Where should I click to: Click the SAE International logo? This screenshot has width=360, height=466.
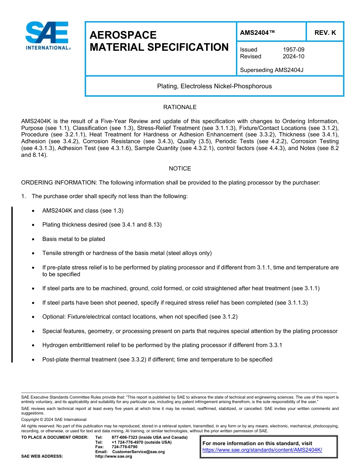coord(47,36)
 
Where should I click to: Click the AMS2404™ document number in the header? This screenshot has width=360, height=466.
coord(257,33)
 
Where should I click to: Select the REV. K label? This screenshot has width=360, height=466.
coord(325,33)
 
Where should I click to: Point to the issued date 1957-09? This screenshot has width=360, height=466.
coord(293,50)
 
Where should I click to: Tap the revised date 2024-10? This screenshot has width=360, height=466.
coord(293,56)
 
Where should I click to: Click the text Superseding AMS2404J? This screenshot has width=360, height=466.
coord(272,70)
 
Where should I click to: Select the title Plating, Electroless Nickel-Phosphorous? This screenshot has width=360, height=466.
coord(214,86)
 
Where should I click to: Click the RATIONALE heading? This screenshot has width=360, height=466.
coord(180,107)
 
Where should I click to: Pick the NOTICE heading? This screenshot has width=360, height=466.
coord(180,169)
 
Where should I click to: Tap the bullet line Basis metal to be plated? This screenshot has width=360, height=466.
coord(74,239)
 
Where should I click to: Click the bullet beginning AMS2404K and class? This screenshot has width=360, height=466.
coord(83,211)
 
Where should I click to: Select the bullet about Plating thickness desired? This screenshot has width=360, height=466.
coord(102,225)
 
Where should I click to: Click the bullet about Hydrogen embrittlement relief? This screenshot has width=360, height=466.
coord(162,345)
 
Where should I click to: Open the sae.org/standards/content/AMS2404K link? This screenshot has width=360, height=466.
coord(262,450)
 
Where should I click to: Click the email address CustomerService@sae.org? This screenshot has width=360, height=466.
coord(138,452)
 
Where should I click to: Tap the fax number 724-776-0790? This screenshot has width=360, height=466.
coord(124,447)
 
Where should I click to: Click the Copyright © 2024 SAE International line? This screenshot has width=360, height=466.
coord(54,419)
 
